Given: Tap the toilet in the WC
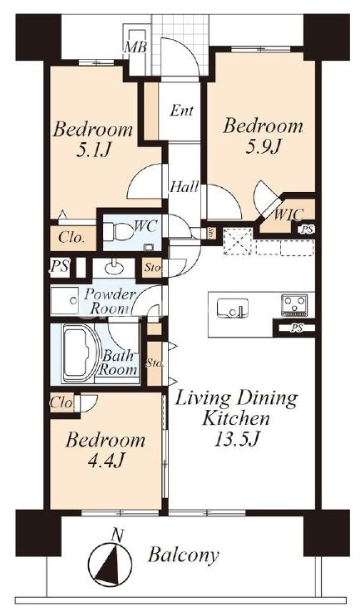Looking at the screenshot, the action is (x=118, y=230).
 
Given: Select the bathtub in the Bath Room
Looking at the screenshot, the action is (x=80, y=353).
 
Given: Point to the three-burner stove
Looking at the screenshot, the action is (x=294, y=305).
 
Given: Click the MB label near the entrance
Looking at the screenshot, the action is (x=136, y=48).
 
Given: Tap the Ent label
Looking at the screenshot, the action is (x=182, y=111).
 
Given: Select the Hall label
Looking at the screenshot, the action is (x=184, y=187).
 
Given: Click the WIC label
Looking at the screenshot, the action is (x=288, y=215).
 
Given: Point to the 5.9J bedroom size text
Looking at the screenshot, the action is (x=264, y=147).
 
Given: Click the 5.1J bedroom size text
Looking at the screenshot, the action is (x=94, y=150).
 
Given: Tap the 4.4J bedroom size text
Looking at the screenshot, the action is (x=106, y=461).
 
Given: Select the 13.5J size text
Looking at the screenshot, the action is (x=237, y=440).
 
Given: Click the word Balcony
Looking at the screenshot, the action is (x=183, y=555).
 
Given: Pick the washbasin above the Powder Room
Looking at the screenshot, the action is (x=114, y=268).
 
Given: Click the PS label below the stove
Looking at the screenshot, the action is (x=297, y=328).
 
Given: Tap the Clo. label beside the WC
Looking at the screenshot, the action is (x=71, y=238).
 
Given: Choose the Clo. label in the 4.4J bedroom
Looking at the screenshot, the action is (x=62, y=402).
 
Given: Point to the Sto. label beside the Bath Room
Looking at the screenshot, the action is (x=155, y=363).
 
